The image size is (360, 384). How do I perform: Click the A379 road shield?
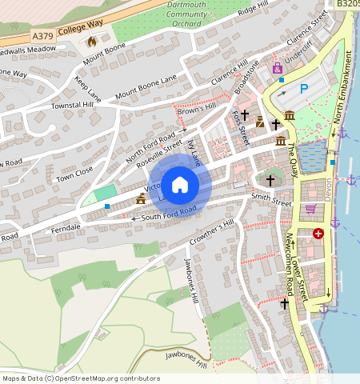[43, 37]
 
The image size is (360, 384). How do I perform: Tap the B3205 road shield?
[347, 4]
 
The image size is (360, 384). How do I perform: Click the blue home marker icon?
[180, 185]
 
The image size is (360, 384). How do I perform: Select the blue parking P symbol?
[303, 89]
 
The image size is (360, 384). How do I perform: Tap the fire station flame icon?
[92, 40]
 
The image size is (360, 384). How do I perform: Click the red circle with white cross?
[318, 233]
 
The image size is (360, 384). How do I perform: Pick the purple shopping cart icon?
[310, 209]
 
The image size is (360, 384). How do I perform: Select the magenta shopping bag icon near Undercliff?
[278, 69]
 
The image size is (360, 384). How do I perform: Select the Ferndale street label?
[65, 228]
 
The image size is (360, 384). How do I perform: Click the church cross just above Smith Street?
[270, 180]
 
